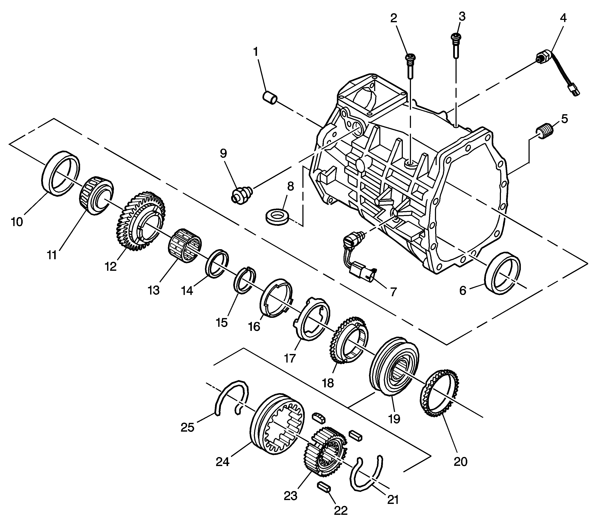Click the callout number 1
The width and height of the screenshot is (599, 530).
(x=255, y=52)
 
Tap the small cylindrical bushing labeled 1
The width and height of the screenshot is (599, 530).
(x=269, y=98)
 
